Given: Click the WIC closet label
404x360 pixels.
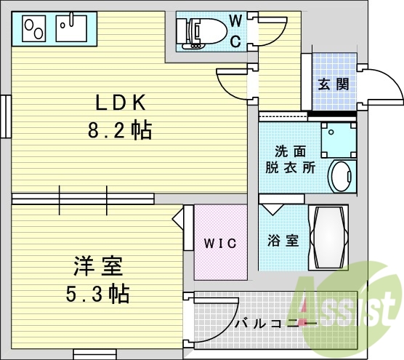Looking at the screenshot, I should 220,243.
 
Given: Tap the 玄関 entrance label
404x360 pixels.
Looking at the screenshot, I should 334,84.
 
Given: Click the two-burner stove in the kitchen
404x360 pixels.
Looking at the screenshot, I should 34,29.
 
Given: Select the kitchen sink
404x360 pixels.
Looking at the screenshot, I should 72,30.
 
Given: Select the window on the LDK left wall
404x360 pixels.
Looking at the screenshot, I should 5,116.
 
